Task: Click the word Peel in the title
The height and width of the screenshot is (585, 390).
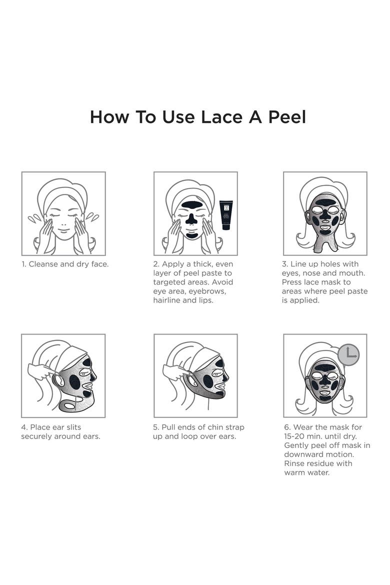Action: pyautogui.click(x=287, y=117)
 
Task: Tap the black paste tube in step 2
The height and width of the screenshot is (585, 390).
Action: pyautogui.click(x=226, y=214)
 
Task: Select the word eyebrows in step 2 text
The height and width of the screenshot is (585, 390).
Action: pyautogui.click(x=207, y=291)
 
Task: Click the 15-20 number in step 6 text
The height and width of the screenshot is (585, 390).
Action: pyautogui.click(x=295, y=436)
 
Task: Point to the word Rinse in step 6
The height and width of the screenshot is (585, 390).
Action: pyautogui.click(x=295, y=463)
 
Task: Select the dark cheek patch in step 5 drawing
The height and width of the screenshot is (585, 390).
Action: pyautogui.click(x=208, y=381)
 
